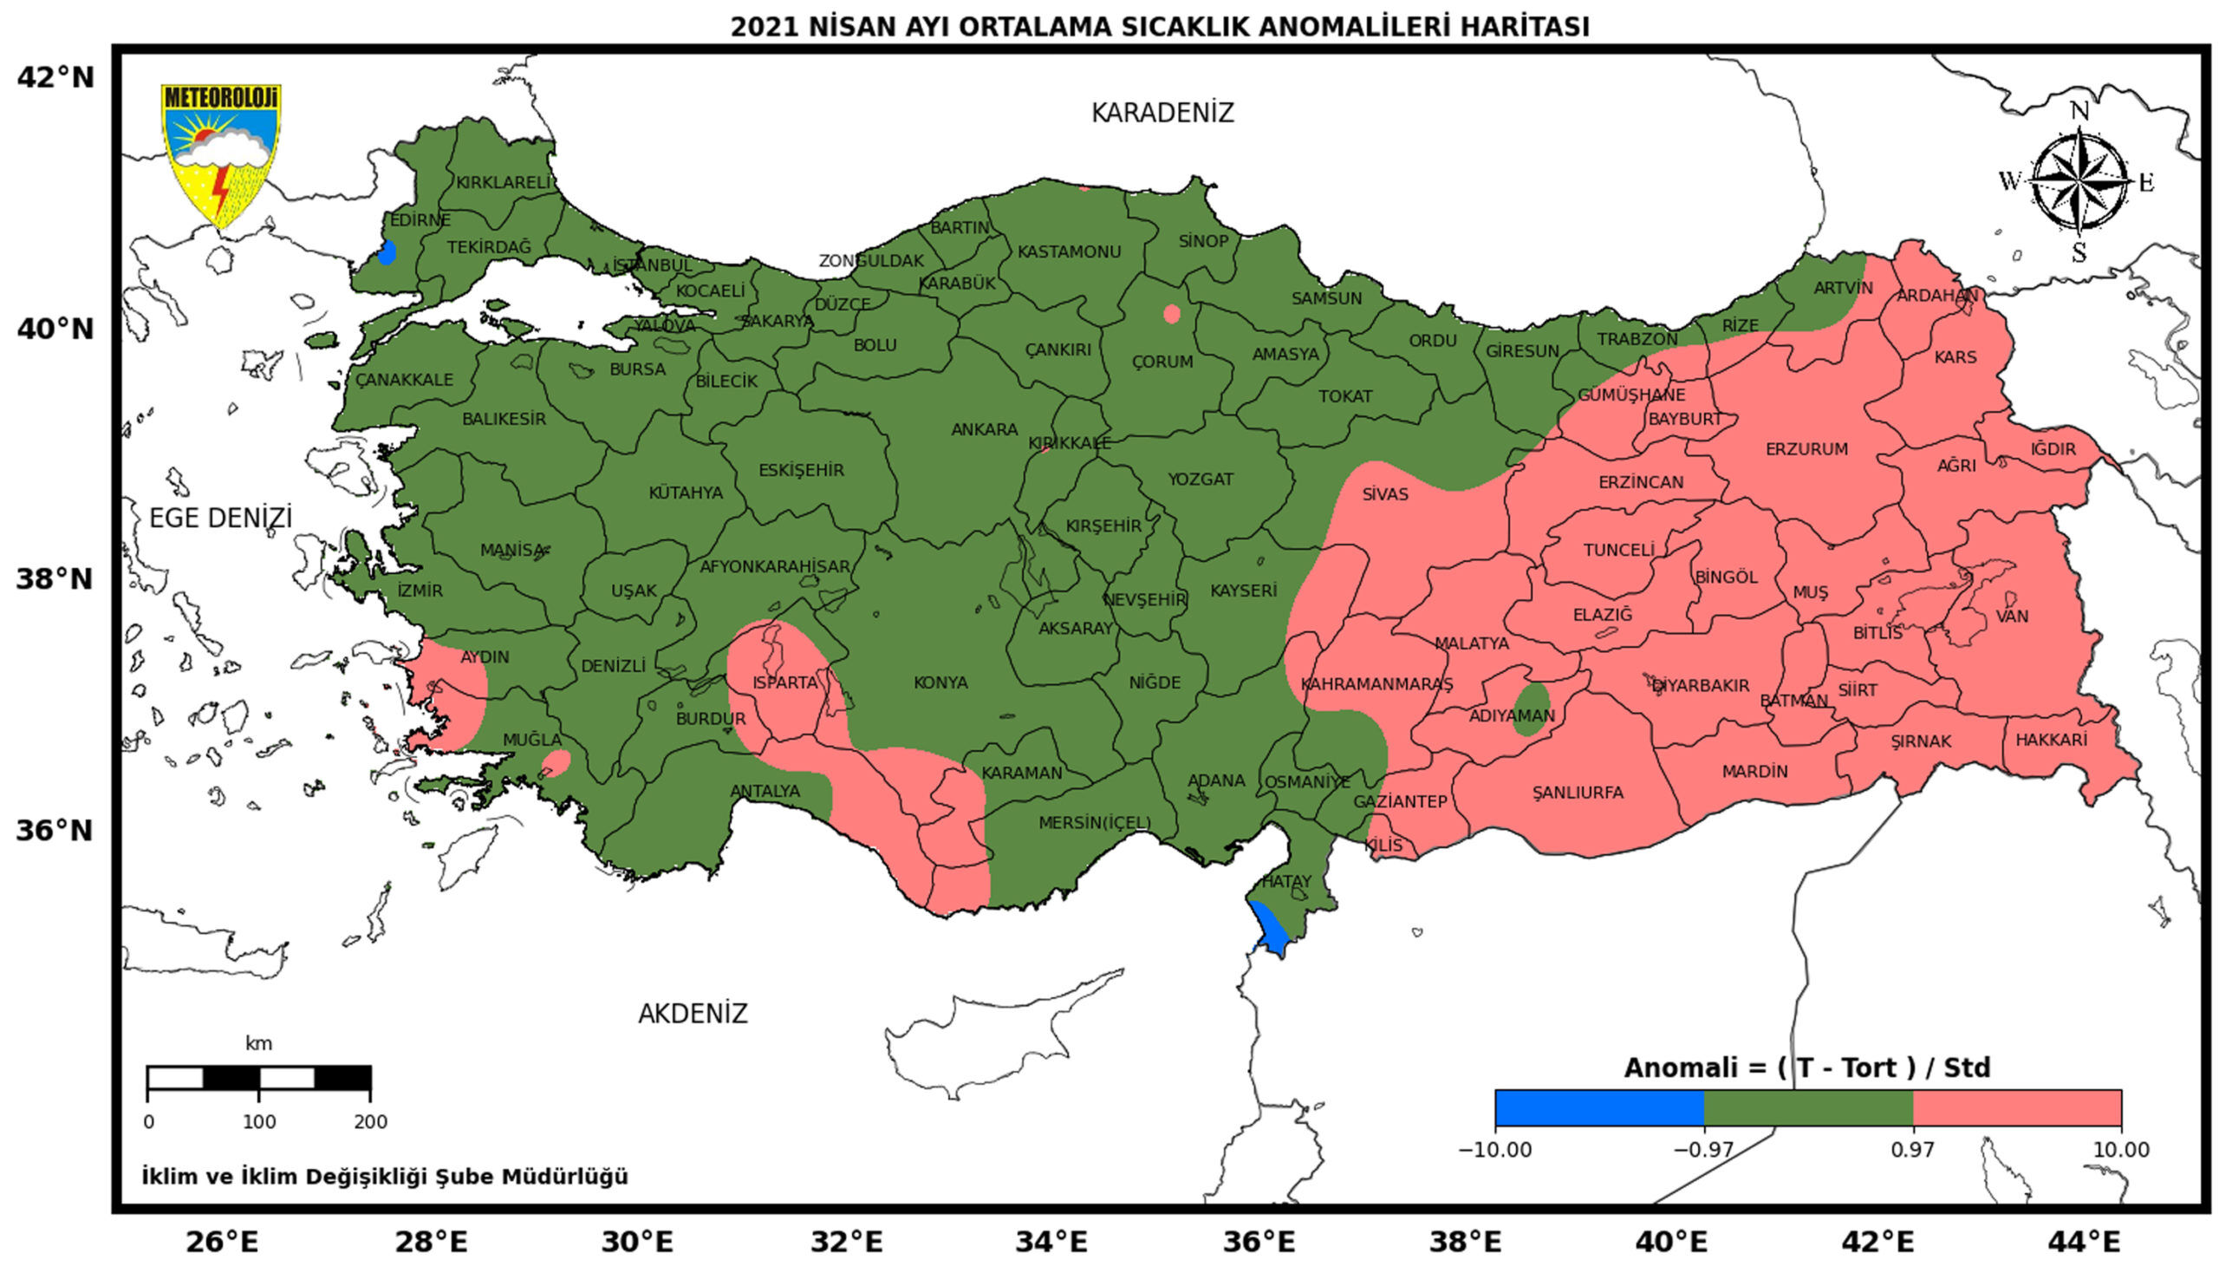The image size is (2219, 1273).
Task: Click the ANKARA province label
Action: coord(984,429)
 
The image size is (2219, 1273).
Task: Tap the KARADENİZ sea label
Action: coord(1162,113)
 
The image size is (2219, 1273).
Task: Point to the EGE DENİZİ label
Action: coord(220,518)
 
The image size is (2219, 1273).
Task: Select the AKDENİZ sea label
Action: coord(693,1014)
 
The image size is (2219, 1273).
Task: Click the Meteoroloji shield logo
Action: coord(220,153)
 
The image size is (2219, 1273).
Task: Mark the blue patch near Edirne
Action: coord(387,252)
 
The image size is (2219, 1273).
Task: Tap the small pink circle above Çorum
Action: coord(1171,314)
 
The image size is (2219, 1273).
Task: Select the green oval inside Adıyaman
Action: coord(1530,709)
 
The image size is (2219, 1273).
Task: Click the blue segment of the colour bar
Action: coord(1598,1107)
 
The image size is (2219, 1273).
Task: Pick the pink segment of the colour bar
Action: coord(2016,1107)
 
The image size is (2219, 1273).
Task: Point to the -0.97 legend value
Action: coord(1702,1150)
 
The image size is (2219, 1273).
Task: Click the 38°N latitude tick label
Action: coord(55,578)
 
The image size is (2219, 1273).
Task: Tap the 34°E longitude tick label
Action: coord(1051,1242)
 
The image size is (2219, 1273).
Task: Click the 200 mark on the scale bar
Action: coord(371,1122)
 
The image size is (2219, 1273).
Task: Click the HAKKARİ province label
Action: coord(2050,741)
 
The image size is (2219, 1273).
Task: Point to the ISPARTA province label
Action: coord(784,682)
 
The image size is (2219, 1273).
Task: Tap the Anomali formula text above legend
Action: coord(1806,1067)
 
